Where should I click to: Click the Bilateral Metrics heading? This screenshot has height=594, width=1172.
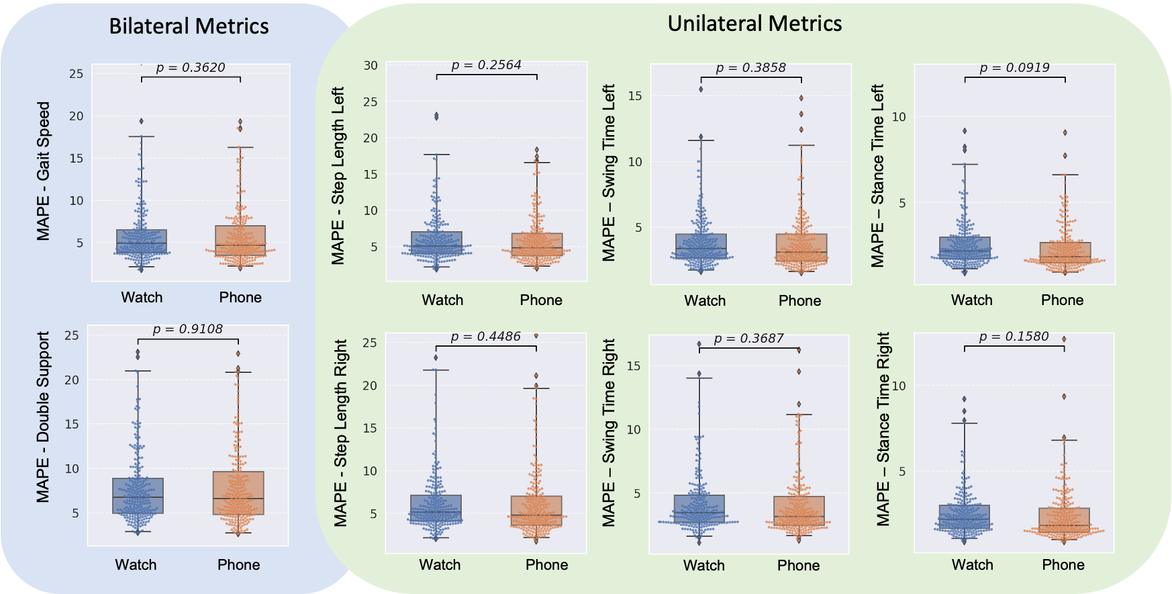point(189,26)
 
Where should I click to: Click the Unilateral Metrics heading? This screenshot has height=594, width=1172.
point(754,24)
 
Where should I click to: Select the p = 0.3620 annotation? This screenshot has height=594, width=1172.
point(191,67)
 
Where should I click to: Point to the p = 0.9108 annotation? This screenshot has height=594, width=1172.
point(187,329)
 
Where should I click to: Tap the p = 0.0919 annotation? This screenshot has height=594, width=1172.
point(1014,67)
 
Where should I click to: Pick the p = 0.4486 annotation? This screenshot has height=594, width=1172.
point(485,336)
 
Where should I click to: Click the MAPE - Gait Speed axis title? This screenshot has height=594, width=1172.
point(44,171)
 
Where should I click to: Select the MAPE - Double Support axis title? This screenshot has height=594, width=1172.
point(44,417)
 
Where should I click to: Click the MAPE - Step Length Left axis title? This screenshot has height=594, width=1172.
point(338,175)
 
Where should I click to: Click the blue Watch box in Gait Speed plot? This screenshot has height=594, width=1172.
point(142,241)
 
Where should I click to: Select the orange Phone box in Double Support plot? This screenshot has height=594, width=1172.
point(238,493)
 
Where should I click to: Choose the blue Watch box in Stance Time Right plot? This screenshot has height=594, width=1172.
point(964,518)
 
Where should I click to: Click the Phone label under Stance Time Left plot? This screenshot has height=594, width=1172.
point(1062,300)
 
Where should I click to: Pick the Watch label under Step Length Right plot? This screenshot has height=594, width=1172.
point(440,564)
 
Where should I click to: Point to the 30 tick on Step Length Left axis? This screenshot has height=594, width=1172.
point(371,65)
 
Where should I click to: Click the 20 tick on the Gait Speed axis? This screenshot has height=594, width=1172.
point(77,116)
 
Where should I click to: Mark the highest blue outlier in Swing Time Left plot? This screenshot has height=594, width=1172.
point(701,89)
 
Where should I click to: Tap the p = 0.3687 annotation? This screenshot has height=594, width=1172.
point(748,338)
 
